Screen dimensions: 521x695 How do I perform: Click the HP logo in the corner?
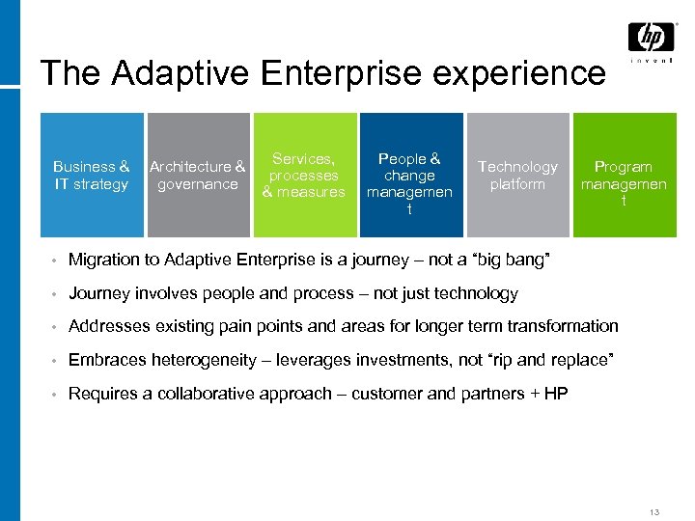point(651,38)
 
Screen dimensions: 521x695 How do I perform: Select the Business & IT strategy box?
point(92,175)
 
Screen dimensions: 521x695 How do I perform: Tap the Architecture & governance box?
point(197,175)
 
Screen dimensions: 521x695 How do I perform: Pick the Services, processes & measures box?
point(304,175)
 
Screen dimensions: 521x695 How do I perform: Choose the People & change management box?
point(409,175)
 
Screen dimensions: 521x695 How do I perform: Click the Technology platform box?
point(517,175)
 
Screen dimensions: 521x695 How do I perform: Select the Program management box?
point(624,175)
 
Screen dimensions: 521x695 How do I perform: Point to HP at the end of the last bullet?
point(556,393)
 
